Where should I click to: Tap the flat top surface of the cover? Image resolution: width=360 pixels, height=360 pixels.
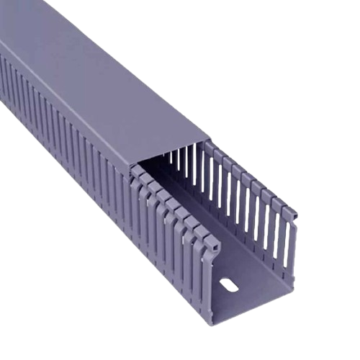pos(130,94)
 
